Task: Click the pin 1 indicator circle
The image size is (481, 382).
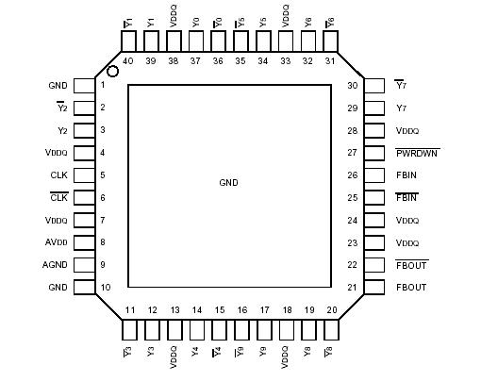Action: [x=113, y=72]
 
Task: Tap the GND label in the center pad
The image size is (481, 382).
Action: [x=229, y=182]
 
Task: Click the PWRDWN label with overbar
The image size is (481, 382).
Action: [x=418, y=153]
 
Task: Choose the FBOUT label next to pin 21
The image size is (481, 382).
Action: [x=412, y=288]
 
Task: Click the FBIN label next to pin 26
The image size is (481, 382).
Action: [x=406, y=174]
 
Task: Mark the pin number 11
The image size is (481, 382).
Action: [x=129, y=309]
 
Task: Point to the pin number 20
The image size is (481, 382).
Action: [x=331, y=309]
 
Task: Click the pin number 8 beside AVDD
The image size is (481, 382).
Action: [x=103, y=242]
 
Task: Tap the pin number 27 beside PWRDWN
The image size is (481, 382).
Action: [x=353, y=153]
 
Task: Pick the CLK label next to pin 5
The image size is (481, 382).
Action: [x=58, y=175]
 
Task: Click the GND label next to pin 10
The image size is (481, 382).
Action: [x=58, y=288]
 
